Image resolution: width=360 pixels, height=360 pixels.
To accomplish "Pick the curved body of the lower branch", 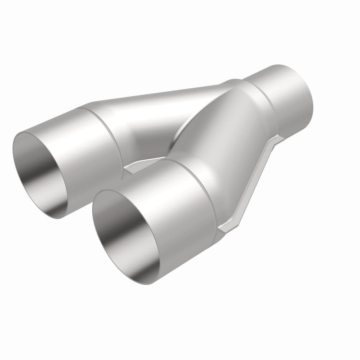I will point(225,135).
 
